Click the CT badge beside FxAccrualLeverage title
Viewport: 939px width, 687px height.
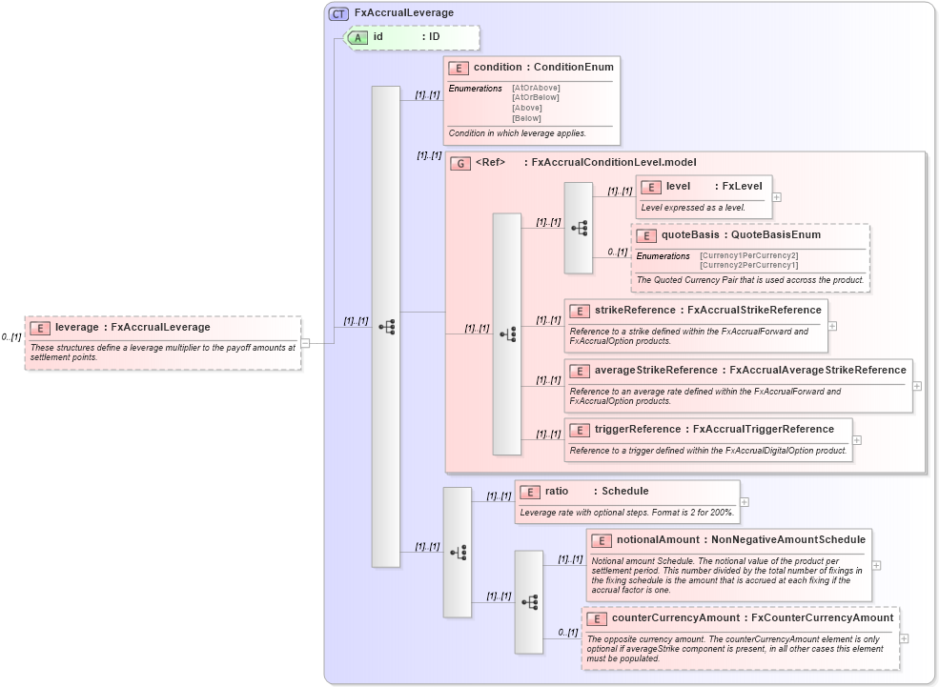click(338, 13)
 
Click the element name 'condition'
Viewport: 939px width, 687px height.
click(498, 68)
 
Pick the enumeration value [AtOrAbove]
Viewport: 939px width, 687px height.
click(536, 88)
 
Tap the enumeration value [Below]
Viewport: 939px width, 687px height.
click(526, 118)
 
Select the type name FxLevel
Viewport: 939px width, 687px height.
click(742, 187)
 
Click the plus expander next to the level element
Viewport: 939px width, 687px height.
click(777, 197)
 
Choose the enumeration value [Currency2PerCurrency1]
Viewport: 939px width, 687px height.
click(748, 265)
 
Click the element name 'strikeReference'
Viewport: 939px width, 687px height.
click(634, 311)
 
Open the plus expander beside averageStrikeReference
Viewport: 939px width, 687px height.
click(917, 386)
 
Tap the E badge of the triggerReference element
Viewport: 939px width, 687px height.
click(580, 430)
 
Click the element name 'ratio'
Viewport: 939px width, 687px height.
click(557, 492)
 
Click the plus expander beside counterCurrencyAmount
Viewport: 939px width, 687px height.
click(904, 638)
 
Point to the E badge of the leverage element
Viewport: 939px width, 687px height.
click(40, 328)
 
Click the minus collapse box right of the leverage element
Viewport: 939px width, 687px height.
click(305, 343)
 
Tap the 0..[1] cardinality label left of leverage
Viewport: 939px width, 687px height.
click(11, 337)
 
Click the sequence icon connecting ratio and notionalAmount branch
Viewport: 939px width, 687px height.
click(458, 552)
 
